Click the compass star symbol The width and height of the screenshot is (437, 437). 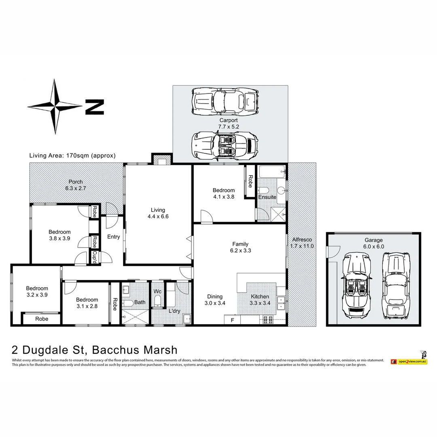click(55, 106)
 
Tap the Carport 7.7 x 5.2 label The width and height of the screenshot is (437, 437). click(229, 123)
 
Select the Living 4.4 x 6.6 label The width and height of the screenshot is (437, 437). click(158, 213)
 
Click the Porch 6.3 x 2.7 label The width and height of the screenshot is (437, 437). click(76, 185)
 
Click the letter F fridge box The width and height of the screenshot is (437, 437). click(232, 320)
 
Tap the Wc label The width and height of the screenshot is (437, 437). click(157, 291)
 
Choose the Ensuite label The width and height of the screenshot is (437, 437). click(267, 197)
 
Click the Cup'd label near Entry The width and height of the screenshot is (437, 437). click(94, 257)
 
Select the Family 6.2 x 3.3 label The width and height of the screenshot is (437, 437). click(240, 247)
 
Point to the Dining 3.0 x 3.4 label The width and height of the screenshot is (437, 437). click(215, 299)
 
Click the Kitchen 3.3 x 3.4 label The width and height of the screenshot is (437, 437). click(260, 299)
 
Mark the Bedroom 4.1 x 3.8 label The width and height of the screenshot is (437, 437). click(224, 193)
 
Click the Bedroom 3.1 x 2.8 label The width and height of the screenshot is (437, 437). click(87, 303)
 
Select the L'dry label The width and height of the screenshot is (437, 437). click(174, 311)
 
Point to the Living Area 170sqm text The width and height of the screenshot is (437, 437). click(72, 155)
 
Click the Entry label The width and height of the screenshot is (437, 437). click(113, 237)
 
